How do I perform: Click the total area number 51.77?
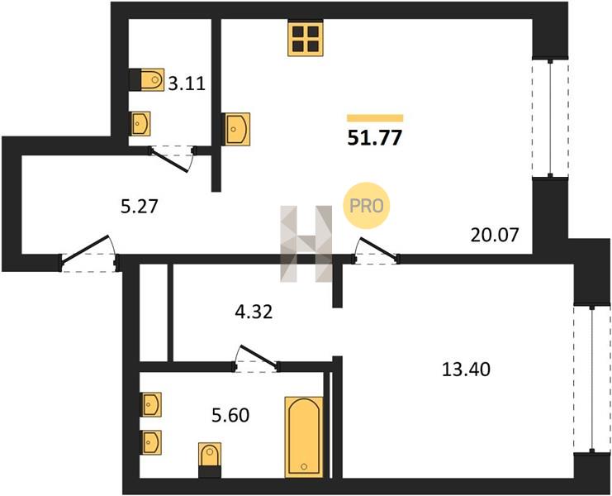pyautogui.click(x=375, y=138)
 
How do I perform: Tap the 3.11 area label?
pyautogui.click(x=187, y=83)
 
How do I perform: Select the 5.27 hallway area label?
pyautogui.click(x=140, y=207)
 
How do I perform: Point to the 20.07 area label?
pyautogui.click(x=495, y=235)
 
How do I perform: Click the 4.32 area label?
pyautogui.click(x=254, y=312)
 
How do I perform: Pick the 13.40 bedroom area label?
pyautogui.click(x=466, y=369)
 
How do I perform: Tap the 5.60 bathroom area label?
pyautogui.click(x=230, y=415)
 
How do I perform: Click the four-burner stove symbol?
pyautogui.click(x=306, y=38)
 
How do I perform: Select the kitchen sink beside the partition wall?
pyautogui.click(x=235, y=129)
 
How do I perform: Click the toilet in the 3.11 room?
pyautogui.click(x=147, y=79)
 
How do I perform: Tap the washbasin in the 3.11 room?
pyautogui.click(x=140, y=124)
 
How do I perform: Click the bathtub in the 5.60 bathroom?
pyautogui.click(x=304, y=437)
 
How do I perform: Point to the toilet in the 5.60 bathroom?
pyautogui.click(x=210, y=460)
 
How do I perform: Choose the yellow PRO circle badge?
pyautogui.click(x=366, y=206)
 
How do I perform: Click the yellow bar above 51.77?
pyautogui.click(x=375, y=118)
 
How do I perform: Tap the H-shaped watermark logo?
pyautogui.click(x=306, y=244)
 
